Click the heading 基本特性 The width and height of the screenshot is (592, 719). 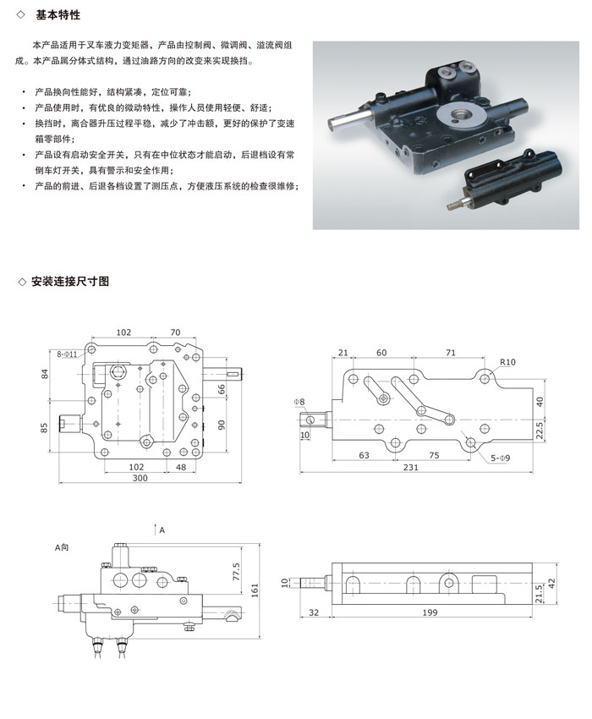(58, 15)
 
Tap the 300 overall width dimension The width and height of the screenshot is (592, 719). (140, 478)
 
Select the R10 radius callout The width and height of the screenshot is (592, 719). (507, 362)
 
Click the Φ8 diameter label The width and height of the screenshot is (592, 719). (299, 401)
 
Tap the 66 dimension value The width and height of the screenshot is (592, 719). (222, 390)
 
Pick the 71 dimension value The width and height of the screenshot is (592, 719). (451, 352)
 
